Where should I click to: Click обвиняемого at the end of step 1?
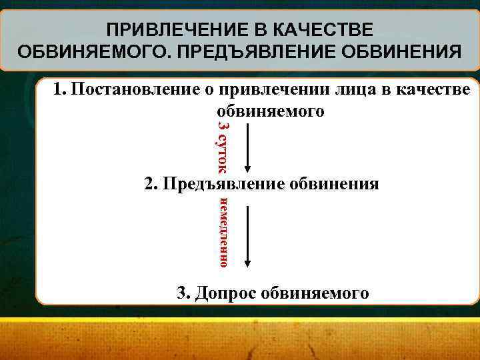coord(271,110)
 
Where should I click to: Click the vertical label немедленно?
coord(225,232)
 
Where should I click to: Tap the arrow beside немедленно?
coord(248,237)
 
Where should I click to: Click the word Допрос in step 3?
coord(226,292)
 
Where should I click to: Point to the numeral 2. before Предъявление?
coord(151,183)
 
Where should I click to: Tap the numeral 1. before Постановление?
coord(61,89)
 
